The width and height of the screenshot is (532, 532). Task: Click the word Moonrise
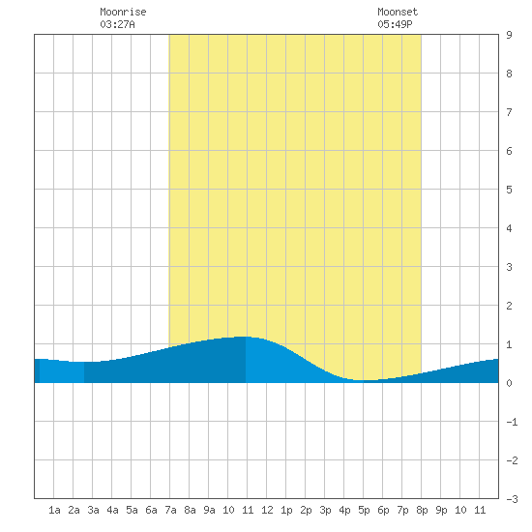click(123, 12)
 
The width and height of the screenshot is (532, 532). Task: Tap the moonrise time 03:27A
click(117, 24)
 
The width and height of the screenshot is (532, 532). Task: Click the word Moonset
click(398, 12)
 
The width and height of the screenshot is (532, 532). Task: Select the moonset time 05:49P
click(395, 24)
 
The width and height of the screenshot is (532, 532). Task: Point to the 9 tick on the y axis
click(509, 35)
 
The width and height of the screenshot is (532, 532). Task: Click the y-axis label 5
click(509, 190)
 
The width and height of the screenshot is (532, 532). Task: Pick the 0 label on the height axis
click(509, 383)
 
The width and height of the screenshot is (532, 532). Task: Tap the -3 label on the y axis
click(512, 499)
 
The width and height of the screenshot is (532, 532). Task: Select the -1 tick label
click(512, 422)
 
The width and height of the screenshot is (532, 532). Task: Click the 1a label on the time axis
click(54, 510)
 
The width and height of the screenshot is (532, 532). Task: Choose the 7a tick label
click(170, 510)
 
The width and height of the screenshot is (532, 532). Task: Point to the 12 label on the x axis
click(267, 510)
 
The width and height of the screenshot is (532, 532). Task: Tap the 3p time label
click(325, 510)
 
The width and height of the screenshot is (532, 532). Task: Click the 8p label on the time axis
click(422, 510)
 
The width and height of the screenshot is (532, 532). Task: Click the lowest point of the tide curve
click(364, 380)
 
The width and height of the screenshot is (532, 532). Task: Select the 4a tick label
click(112, 510)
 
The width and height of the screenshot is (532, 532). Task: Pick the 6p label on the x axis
click(383, 510)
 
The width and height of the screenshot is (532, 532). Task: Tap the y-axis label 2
click(509, 306)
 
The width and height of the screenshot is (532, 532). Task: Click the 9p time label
click(441, 510)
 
